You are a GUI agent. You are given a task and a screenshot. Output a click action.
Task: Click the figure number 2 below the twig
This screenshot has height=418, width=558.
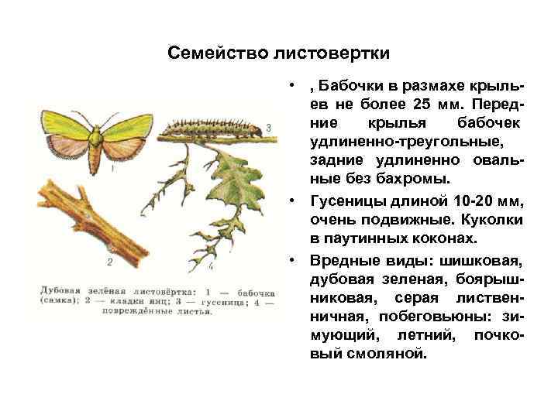[x=109, y=263]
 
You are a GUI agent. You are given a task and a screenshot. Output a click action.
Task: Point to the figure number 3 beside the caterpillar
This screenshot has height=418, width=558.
[x=267, y=127]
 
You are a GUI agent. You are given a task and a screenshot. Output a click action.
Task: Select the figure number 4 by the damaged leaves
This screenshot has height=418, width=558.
[x=210, y=267]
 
